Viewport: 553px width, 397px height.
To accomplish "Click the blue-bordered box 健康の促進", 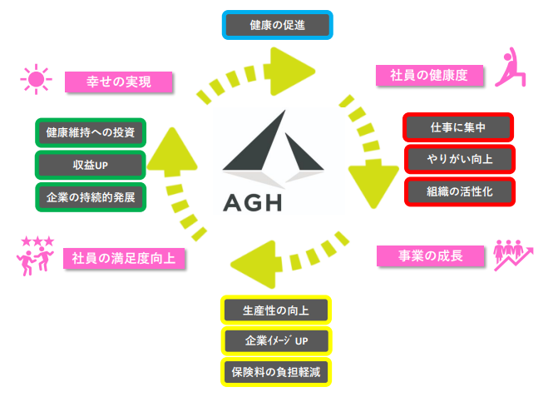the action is coord(277,25).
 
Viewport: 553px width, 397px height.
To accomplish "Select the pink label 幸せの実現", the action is coord(118,82).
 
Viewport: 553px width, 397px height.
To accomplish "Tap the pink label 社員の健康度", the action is coord(429,75).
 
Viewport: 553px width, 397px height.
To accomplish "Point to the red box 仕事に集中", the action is coord(457,127).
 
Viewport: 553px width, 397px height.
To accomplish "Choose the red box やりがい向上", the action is coord(460,159).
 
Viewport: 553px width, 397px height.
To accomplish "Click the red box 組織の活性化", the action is coord(460,191).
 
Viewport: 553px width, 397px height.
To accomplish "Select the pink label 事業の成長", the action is coord(430,256).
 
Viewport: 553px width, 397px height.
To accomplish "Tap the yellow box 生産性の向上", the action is coord(276,310).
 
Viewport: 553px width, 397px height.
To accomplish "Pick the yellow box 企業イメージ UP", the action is coord(276,341).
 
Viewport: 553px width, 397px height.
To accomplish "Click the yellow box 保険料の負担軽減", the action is coord(276,372).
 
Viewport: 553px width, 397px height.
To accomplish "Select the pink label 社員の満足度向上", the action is coord(124,258).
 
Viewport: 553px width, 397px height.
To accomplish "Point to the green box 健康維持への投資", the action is coord(91,132).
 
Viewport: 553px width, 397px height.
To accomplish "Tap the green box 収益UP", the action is coord(91,165).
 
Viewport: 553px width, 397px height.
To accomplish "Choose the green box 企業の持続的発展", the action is coord(91,197).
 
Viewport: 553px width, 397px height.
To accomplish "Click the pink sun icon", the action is coord(37,79).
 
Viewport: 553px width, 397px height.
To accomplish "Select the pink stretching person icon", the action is coord(511,67).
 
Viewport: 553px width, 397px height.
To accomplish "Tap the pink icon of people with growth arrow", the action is coord(513,255).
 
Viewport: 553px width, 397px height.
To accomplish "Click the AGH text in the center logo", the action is coord(253,202).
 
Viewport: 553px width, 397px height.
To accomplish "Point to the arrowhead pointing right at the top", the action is coord(289,72).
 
